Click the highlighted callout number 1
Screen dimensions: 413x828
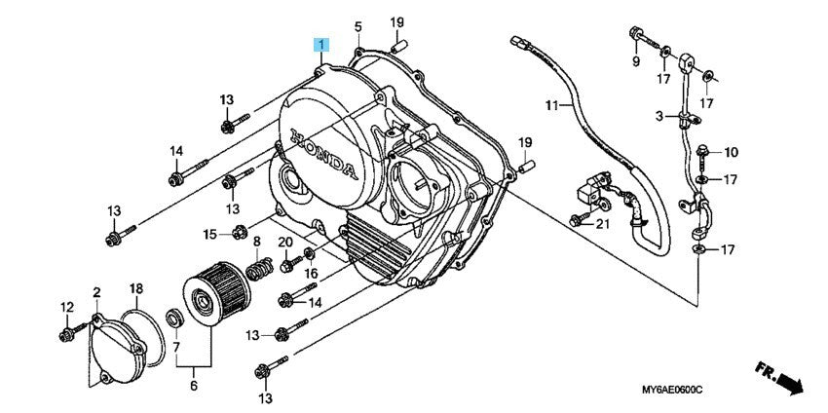pos(320,44)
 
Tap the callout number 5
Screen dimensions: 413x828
pos(358,25)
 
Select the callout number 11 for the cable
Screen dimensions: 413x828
pos(551,104)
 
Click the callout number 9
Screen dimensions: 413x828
pos(636,61)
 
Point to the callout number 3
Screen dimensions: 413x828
pos(659,116)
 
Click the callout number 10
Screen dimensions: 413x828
pos(733,152)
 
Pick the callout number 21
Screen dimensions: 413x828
pos(601,225)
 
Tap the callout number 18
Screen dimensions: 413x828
pos(136,289)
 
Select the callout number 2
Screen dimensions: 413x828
pos(97,292)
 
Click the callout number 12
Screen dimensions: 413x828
pos(66,308)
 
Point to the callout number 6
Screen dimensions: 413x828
pos(193,386)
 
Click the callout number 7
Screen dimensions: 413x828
pos(176,346)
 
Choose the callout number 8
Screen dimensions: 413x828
pos(257,241)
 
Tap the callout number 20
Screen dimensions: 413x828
pos(285,242)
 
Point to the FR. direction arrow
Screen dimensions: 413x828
pos(780,378)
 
